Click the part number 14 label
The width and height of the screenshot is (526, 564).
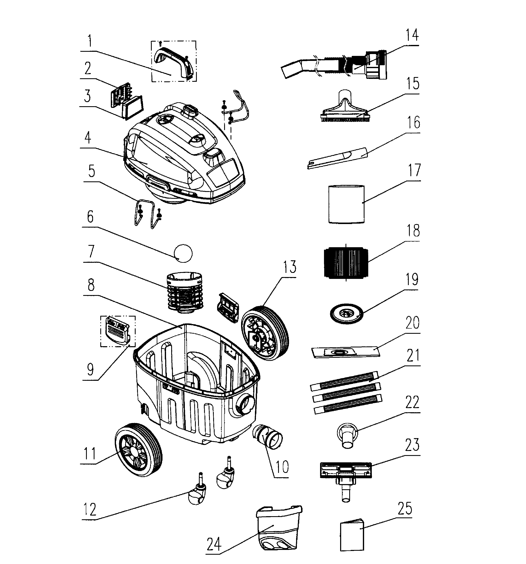click(412, 35)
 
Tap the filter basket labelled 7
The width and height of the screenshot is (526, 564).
click(185, 292)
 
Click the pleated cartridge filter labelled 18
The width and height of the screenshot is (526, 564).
click(346, 261)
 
